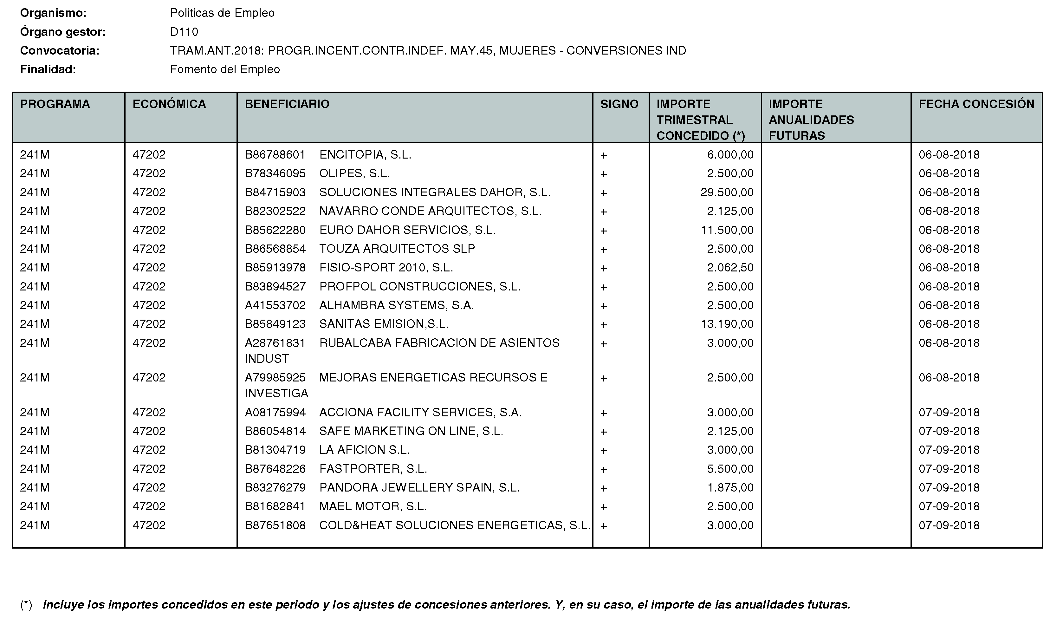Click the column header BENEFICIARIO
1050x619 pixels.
(287, 104)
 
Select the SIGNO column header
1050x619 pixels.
(619, 104)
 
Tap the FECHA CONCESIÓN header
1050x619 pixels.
(976, 104)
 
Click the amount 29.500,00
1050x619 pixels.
(727, 192)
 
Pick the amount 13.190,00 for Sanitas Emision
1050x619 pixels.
(727, 324)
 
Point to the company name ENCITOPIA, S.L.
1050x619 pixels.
(365, 155)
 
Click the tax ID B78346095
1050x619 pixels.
(275, 173)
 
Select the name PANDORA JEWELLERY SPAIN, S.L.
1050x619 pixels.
(419, 487)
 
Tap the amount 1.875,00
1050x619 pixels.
(730, 487)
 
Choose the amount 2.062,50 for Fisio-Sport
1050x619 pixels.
(730, 267)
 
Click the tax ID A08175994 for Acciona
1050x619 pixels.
(275, 412)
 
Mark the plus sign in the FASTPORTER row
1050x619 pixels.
(603, 469)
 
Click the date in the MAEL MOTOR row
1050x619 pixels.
(949, 506)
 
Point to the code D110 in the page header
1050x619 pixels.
(184, 32)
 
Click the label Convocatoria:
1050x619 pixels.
(60, 50)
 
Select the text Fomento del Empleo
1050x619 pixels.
(225, 69)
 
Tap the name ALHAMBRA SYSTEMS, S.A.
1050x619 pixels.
(397, 305)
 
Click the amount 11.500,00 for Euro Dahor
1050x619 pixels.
(727, 230)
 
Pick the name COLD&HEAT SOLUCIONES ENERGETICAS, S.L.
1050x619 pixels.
(455, 525)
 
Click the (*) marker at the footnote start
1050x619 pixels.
(26, 604)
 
